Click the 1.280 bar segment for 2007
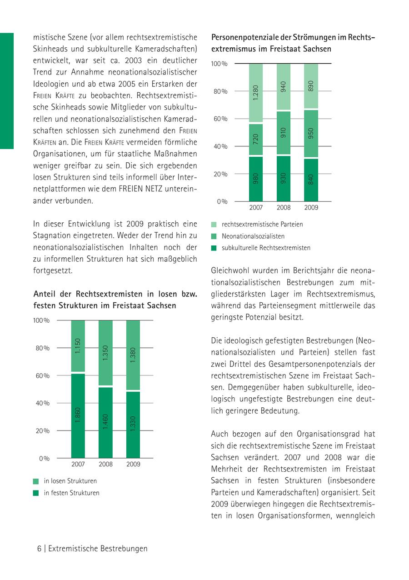(x=256, y=93)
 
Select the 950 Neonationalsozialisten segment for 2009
(x=311, y=133)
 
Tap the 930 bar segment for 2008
(x=284, y=179)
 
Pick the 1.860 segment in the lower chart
(x=78, y=415)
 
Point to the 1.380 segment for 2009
(x=133, y=355)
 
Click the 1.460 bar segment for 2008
(x=105, y=422)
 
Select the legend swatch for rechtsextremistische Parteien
(x=214, y=225)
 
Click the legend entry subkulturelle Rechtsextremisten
(x=266, y=248)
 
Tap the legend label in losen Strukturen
(x=70, y=481)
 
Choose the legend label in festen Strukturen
(x=71, y=493)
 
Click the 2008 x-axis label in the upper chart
(x=284, y=208)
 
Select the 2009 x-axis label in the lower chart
(x=133, y=465)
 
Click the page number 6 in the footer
(x=40, y=549)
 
